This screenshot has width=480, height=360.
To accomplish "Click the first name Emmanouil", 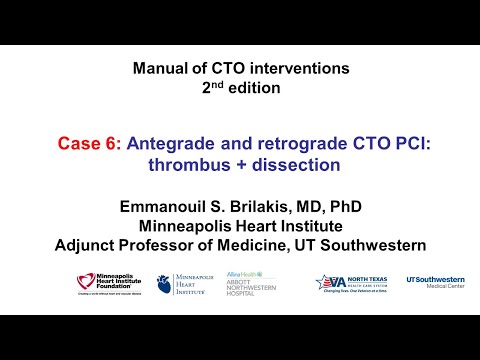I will pos(162,208).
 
